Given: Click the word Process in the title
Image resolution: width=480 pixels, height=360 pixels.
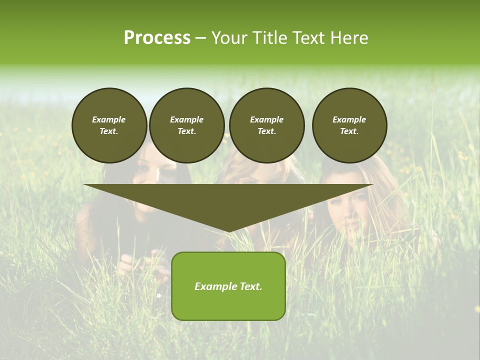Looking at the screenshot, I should pos(157,38).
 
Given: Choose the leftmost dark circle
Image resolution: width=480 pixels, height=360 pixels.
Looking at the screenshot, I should pos(109,125).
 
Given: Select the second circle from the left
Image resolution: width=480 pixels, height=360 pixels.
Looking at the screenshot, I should pos(187,125).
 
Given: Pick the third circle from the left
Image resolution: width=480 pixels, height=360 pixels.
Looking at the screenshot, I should pos(266,125).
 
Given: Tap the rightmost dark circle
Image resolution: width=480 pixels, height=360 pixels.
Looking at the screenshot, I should pos(349,125).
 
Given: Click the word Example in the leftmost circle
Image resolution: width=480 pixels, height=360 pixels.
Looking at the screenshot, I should pos(109,119).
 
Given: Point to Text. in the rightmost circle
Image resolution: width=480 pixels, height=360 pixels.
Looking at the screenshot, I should pos(349,131).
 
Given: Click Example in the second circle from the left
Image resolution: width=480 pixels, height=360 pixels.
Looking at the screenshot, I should pos(187,119).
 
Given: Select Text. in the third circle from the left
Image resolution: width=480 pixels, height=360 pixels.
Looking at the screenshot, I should pos(266,131).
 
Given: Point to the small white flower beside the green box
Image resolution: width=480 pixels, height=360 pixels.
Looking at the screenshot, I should pos(159,295).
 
